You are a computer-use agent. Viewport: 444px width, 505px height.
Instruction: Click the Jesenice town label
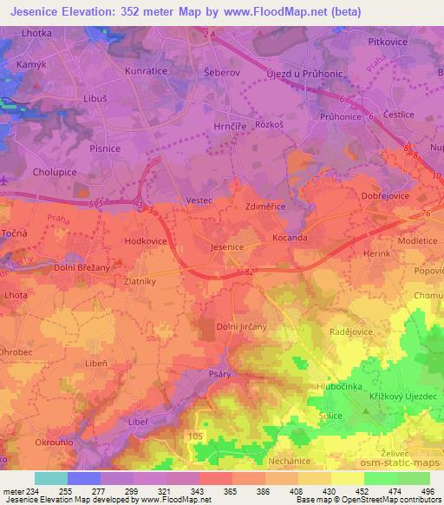(227, 247)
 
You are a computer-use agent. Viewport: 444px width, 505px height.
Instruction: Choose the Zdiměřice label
(265, 207)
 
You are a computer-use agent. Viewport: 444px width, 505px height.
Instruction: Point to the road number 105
(195, 436)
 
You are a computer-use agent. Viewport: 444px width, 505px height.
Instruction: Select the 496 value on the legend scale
(428, 490)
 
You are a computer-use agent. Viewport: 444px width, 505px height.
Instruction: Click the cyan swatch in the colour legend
(51, 478)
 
